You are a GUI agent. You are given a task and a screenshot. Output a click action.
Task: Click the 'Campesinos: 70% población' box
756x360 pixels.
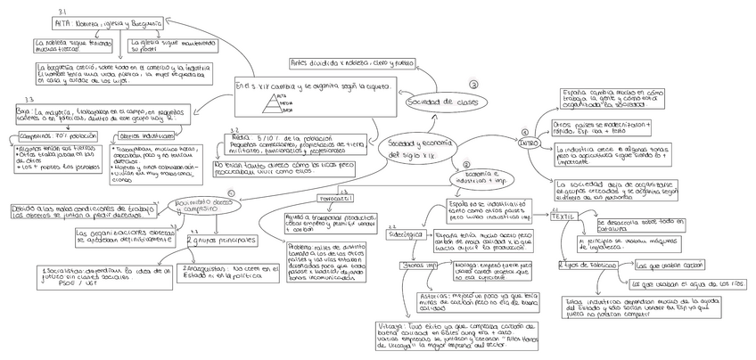click(56, 135)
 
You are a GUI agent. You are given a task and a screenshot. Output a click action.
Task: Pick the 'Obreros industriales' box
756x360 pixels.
click(144, 136)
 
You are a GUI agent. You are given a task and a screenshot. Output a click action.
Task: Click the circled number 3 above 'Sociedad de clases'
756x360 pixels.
click(473, 84)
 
